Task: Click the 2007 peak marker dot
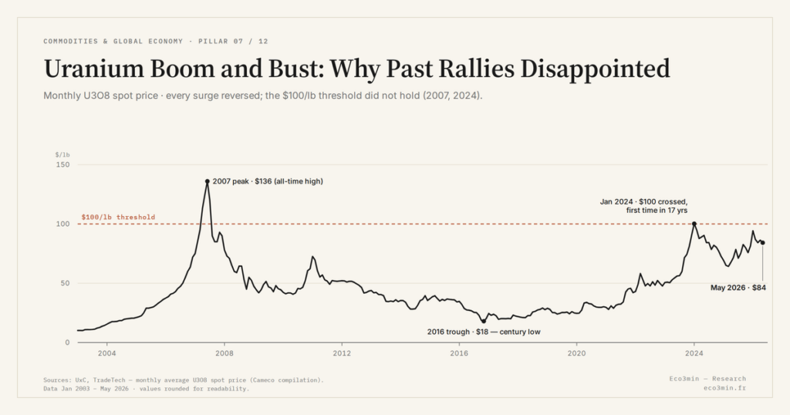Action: click(x=207, y=181)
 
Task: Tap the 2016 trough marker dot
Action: click(x=484, y=322)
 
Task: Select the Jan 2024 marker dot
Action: click(x=694, y=224)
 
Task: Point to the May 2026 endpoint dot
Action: click(x=763, y=243)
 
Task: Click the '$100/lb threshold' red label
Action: click(x=118, y=217)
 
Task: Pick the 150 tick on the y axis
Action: click(x=63, y=165)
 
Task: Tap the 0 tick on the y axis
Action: click(x=68, y=342)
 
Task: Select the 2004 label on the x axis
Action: click(x=106, y=353)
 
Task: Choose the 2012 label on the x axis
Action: click(x=342, y=353)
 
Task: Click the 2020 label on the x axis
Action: click(x=576, y=353)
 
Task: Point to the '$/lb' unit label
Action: click(x=62, y=154)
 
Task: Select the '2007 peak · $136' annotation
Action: click(x=242, y=181)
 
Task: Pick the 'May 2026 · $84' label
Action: click(x=738, y=288)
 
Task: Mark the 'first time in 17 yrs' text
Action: click(x=657, y=211)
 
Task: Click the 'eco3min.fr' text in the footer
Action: click(x=725, y=388)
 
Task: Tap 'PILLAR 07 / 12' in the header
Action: click(x=233, y=42)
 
